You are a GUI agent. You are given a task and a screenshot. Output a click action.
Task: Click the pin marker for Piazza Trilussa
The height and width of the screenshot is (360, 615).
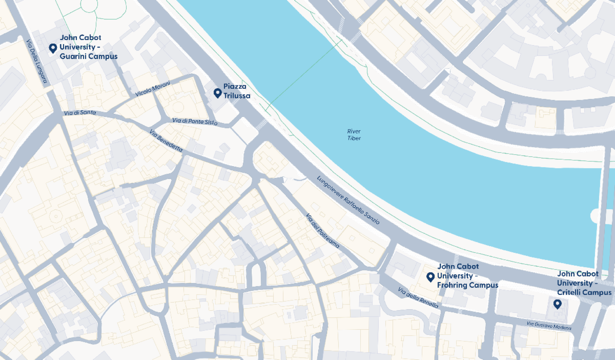pyautogui.click(x=217, y=93)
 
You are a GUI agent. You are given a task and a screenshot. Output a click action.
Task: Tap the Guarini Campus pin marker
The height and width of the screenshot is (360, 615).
pyautogui.click(x=52, y=48)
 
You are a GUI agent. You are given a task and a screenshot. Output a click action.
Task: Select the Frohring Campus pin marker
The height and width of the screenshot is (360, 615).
pyautogui.click(x=430, y=277)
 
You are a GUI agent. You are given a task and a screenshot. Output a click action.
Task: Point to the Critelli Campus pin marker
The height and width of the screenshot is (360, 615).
pyautogui.click(x=557, y=304)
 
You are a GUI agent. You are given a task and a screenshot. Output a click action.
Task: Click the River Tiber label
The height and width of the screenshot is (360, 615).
pyautogui.click(x=354, y=135)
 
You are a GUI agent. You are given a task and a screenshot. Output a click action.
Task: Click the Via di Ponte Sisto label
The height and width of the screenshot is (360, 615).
pyautogui.click(x=195, y=122)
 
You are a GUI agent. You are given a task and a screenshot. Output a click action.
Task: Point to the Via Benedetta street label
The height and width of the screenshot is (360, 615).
pyautogui.click(x=166, y=141)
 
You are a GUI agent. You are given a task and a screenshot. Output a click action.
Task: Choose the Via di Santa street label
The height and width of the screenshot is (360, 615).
pyautogui.click(x=80, y=112)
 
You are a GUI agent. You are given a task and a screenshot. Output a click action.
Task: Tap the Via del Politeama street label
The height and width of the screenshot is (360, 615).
pyautogui.click(x=322, y=231)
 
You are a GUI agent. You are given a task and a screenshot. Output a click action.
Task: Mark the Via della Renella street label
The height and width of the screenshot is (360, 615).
pyautogui.click(x=418, y=298)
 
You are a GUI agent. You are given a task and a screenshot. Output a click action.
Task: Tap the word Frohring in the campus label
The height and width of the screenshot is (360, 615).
pyautogui.click(x=453, y=285)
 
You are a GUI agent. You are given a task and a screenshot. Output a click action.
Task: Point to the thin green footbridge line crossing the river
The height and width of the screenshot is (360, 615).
pyautogui.click(x=302, y=75)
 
